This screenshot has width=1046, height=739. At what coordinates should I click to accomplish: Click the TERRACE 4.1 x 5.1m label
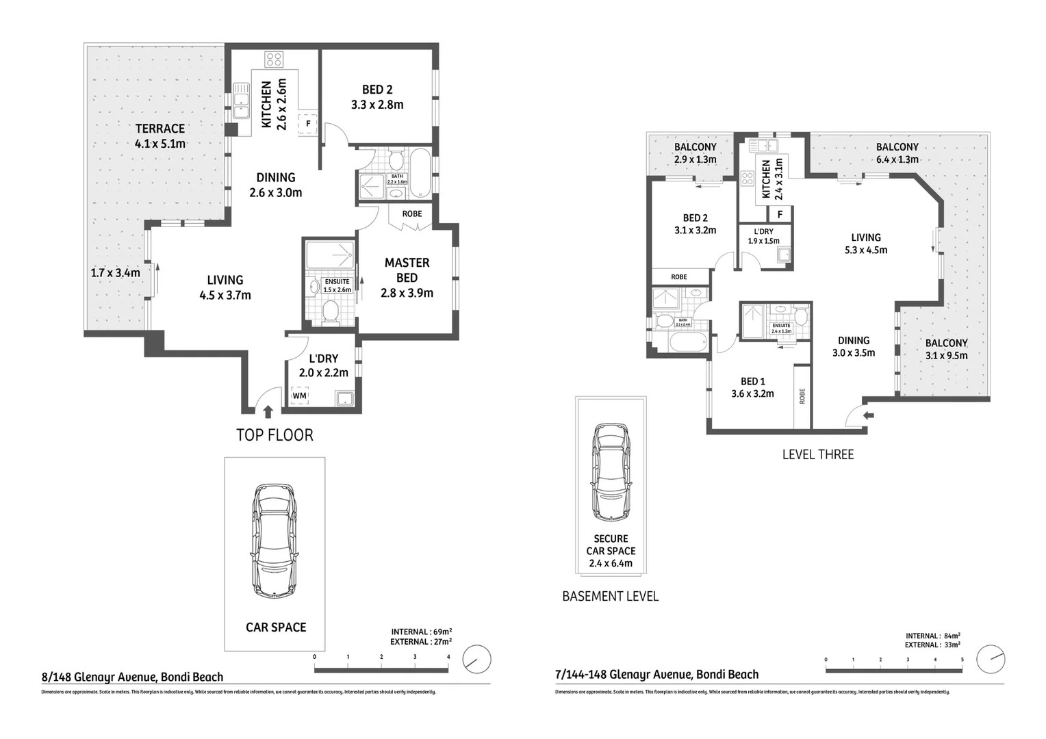pyautogui.click(x=160, y=135)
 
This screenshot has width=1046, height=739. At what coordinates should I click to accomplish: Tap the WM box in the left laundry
pyautogui.click(x=299, y=396)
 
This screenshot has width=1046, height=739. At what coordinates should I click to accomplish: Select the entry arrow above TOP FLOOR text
pyautogui.click(x=268, y=411)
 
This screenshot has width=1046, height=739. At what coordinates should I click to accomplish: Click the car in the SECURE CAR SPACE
pyautogui.click(x=611, y=471)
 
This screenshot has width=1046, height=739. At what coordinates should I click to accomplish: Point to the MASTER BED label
pyautogui.click(x=407, y=270)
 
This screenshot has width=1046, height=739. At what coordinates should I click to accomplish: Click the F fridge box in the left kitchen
pyautogui.click(x=308, y=124)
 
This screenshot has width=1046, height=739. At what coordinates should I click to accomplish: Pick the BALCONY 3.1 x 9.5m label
pyautogui.click(x=946, y=349)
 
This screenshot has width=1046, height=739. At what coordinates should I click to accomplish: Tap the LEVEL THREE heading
pyautogui.click(x=817, y=454)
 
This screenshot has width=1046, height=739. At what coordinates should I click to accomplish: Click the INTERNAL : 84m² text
pyautogui.click(x=932, y=636)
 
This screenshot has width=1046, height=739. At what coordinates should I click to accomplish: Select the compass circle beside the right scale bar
pyautogui.click(x=991, y=659)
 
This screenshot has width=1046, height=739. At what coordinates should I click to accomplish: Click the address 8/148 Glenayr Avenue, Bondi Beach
pyautogui.click(x=133, y=677)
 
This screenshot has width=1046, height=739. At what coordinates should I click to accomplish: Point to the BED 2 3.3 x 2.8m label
pyautogui.click(x=377, y=97)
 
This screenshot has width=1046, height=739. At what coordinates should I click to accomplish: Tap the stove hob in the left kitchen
pyautogui.click(x=275, y=60)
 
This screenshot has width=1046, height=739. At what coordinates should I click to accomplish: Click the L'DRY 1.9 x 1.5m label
pyautogui.click(x=763, y=236)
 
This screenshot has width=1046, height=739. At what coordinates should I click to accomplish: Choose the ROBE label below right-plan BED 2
pyautogui.click(x=678, y=277)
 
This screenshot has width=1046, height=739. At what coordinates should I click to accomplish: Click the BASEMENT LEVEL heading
pyautogui.click(x=610, y=596)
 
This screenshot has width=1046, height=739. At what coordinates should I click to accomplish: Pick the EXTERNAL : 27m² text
pyautogui.click(x=420, y=642)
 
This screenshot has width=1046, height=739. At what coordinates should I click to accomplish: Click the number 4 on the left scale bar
pyautogui.click(x=448, y=657)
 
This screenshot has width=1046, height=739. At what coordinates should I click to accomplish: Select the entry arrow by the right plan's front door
pyautogui.click(x=869, y=415)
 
